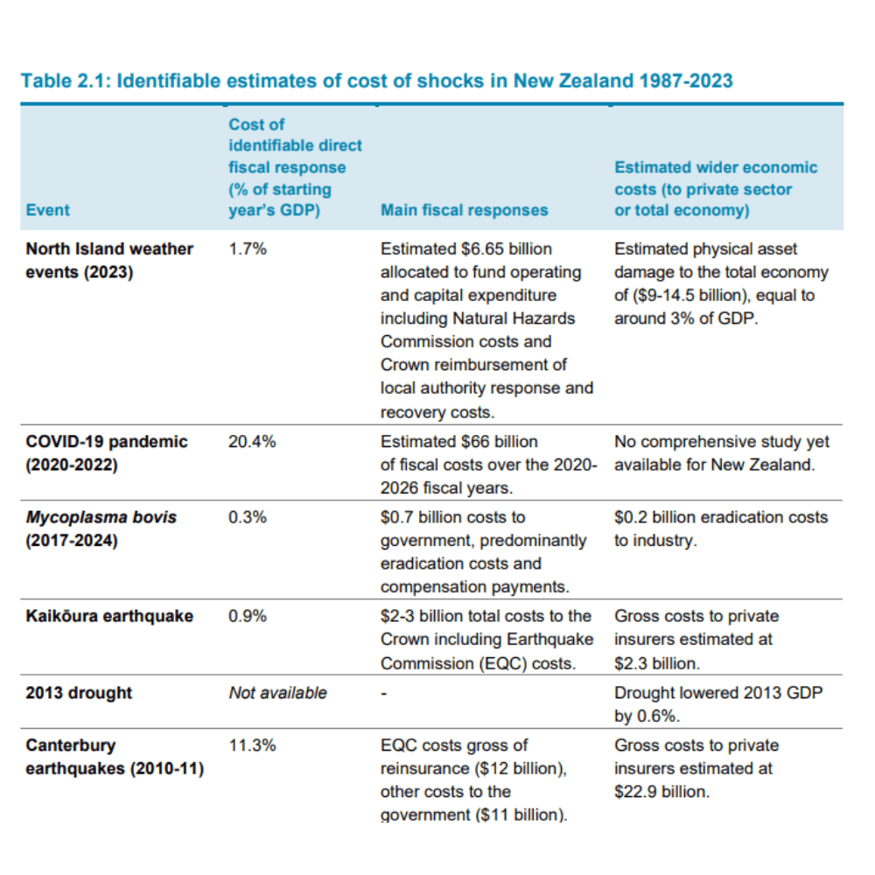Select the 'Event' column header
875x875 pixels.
pos(47,210)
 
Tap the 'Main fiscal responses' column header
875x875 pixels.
pos(464,210)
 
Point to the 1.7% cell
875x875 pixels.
pos(247,249)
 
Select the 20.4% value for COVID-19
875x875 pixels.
pos(252,442)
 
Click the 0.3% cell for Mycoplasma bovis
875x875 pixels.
pos(247,518)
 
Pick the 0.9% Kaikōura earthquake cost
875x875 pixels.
pos(247,617)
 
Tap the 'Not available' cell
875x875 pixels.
pos(277,693)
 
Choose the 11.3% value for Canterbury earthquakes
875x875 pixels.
pos(252,746)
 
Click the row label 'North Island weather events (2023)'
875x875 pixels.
pos(108,261)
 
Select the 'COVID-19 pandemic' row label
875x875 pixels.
pos(106,442)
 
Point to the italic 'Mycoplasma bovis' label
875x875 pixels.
pos(101,518)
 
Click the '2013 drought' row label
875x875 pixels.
pos(79,693)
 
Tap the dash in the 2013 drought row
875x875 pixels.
pos(384,694)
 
